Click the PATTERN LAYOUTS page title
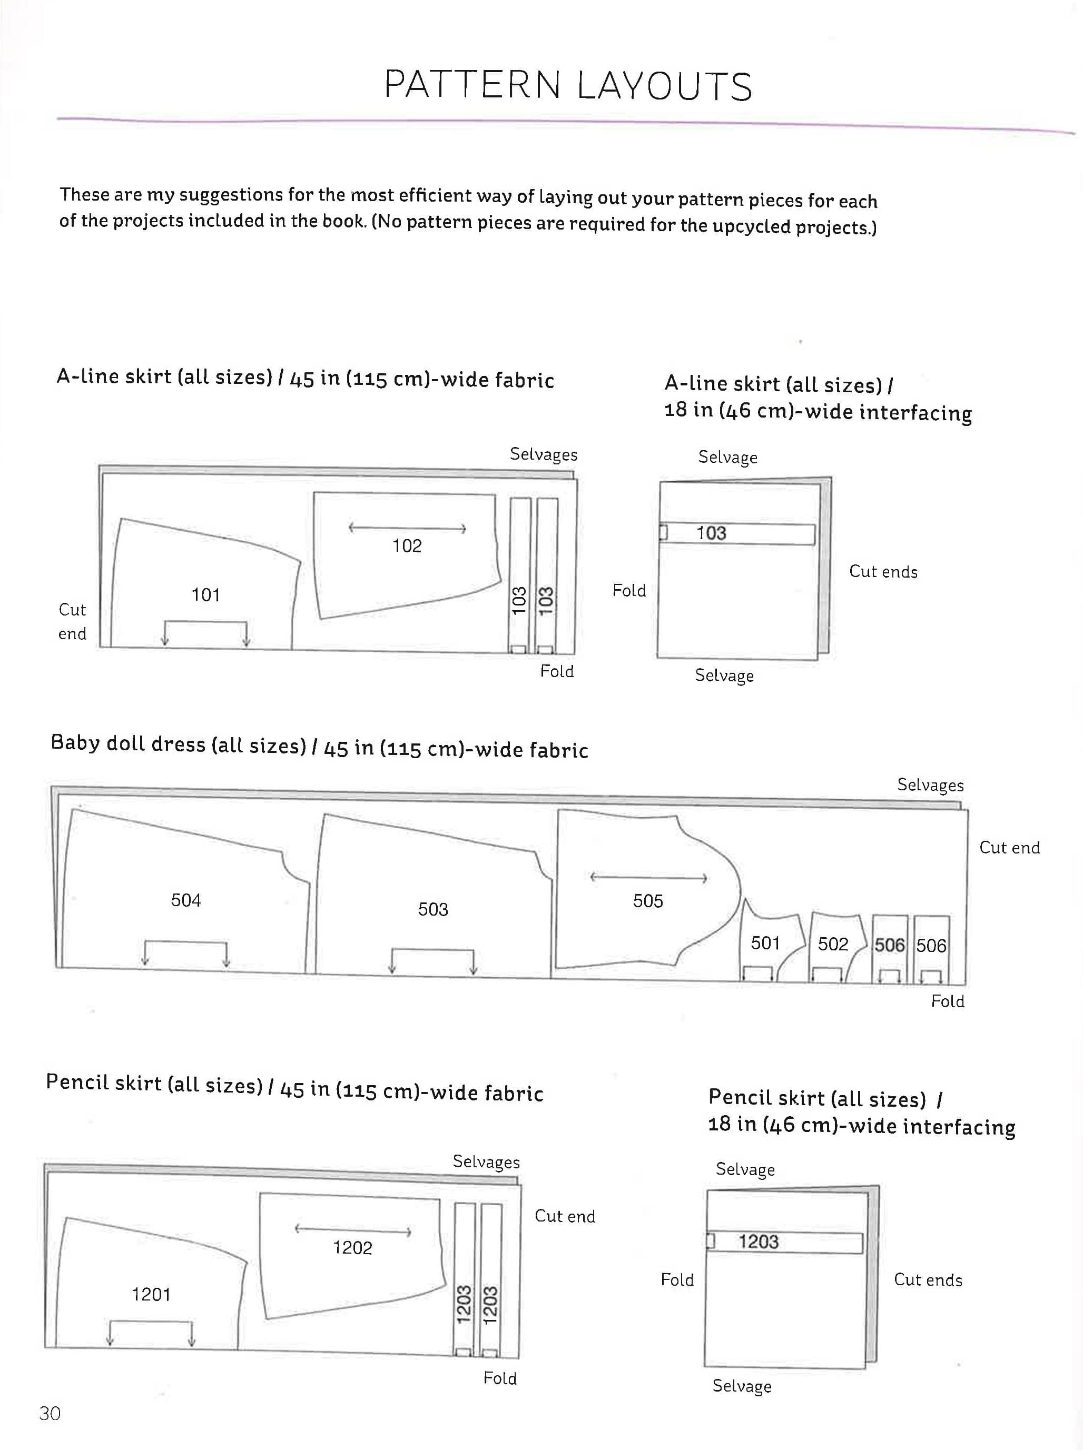(568, 85)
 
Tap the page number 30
(50, 1413)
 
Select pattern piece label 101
(205, 595)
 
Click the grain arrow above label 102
(407, 528)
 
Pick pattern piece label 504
(185, 900)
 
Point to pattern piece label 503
(432, 909)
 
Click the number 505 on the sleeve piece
(648, 900)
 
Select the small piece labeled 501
(765, 943)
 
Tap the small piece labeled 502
(833, 944)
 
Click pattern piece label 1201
(151, 1294)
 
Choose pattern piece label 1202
(352, 1247)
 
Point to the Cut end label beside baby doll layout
(1009, 847)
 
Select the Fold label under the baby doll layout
(947, 1001)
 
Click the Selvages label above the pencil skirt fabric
(486, 1161)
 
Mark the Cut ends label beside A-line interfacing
(882, 571)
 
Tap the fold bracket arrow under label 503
(432, 959)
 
